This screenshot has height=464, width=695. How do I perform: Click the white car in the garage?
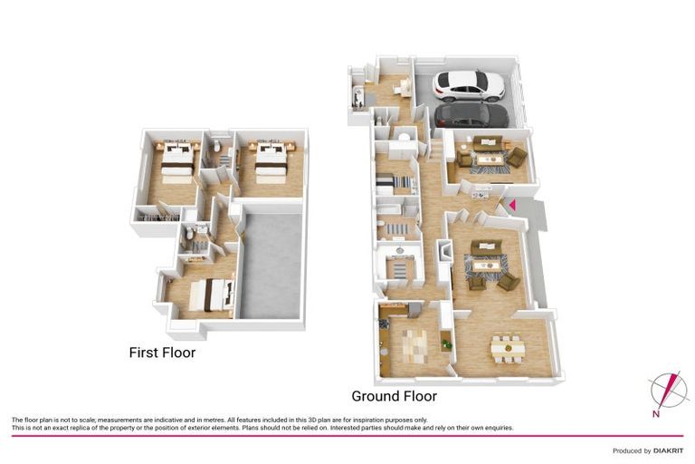(x=469, y=85)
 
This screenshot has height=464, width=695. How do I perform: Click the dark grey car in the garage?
(x=471, y=115)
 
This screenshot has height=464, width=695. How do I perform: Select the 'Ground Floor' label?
(x=394, y=396)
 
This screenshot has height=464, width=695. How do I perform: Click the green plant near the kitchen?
(x=444, y=342)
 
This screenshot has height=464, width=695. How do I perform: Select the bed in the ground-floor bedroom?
(x=395, y=184)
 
